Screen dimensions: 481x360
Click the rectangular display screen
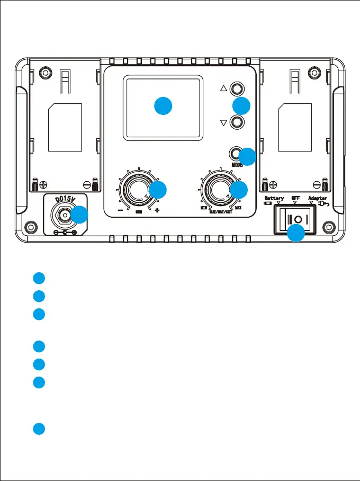tap(163, 108)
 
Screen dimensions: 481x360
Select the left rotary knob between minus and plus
tap(139, 189)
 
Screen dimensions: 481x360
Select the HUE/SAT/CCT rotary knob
tap(221, 189)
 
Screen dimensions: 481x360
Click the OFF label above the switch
tap(295, 199)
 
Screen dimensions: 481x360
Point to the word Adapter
tap(318, 199)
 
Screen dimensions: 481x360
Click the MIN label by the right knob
tap(203, 208)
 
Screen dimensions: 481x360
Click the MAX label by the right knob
tap(239, 208)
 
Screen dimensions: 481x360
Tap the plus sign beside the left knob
tap(157, 210)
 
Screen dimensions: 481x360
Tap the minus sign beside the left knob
tap(121, 210)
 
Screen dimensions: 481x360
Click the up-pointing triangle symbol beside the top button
tap(223, 90)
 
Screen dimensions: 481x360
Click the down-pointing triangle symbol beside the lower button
tap(223, 122)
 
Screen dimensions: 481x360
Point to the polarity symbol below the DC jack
tap(66, 233)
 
